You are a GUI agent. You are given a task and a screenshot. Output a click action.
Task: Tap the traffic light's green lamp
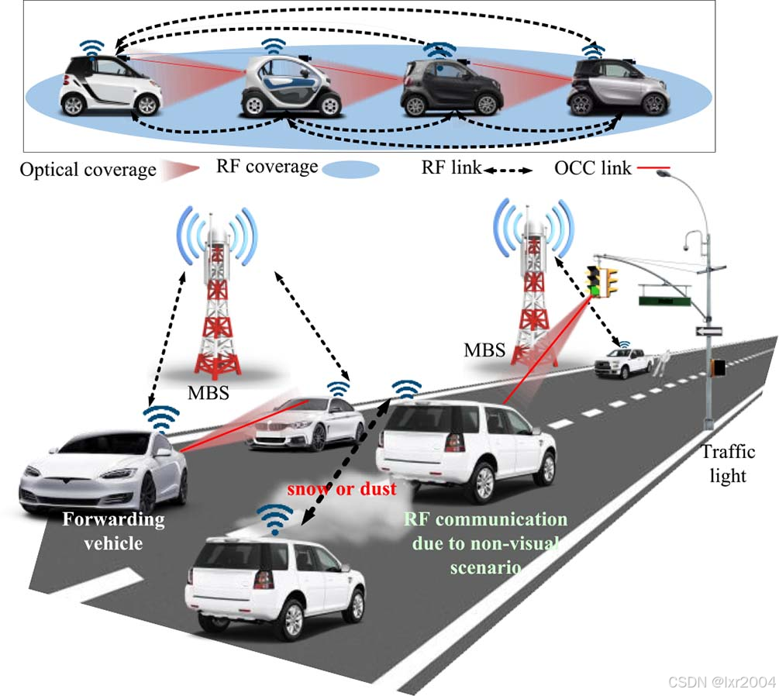595,291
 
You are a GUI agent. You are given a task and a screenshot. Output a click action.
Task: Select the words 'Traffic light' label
726,463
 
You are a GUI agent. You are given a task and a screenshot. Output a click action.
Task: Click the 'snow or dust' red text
342,489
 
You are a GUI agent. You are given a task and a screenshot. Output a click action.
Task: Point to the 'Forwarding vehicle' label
114,531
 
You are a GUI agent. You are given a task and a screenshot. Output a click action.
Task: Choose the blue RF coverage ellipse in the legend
350,170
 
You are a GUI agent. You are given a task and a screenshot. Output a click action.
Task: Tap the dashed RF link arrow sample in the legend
508,168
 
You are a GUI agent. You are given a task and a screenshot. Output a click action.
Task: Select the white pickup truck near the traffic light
624,363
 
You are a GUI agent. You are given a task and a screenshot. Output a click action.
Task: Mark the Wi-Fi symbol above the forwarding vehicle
161,419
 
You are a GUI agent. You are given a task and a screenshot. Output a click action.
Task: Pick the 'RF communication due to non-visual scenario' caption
485,543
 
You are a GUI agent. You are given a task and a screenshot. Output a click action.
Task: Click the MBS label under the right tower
485,350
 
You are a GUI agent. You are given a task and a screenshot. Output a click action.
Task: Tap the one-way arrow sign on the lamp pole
708,331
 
